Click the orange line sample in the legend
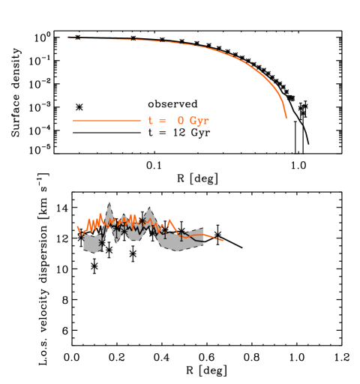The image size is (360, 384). tap(106, 121)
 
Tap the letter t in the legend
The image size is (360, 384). tap(151, 121)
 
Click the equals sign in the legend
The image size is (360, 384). tap(163, 121)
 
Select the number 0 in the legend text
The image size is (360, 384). tap(181, 121)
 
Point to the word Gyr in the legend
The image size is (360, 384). tap(199, 121)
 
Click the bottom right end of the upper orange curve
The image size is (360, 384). tap(286, 118)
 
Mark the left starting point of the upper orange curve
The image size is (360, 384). tap(68, 37)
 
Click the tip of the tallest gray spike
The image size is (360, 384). tap(109, 202)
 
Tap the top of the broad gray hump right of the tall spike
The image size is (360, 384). tap(148, 208)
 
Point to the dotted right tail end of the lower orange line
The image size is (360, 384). tap(223, 240)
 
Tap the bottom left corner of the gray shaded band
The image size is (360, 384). tap(84, 250)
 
